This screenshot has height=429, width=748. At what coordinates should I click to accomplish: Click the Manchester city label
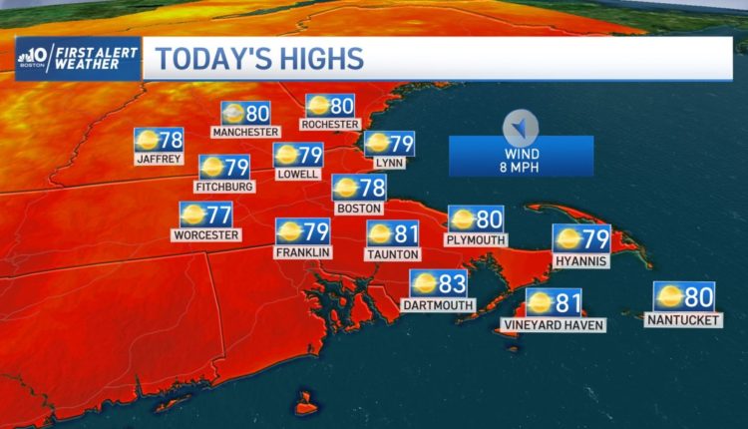pos(244,131)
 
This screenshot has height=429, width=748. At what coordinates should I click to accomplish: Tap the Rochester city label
pos(330,124)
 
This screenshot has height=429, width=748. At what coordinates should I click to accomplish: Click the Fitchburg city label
pos(225,186)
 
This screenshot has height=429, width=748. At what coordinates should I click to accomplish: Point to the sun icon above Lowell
pos(286,155)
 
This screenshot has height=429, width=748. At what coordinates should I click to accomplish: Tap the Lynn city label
pos(388,162)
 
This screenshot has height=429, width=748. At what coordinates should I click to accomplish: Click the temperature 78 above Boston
pos(371,187)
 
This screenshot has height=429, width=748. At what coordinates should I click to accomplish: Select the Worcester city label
pos(206,234)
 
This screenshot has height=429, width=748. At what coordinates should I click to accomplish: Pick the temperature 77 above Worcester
pos(218,214)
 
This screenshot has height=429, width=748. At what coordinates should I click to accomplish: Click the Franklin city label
pos(302,252)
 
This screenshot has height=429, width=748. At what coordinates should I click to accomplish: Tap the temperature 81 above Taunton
pos(406,233)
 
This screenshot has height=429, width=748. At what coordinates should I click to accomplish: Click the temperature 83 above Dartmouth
pos(452,284)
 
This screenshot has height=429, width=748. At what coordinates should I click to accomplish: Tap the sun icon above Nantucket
pos(668,296)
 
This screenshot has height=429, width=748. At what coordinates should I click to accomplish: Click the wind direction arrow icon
pos(520,127)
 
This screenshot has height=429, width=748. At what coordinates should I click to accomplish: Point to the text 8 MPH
pos(521,167)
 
